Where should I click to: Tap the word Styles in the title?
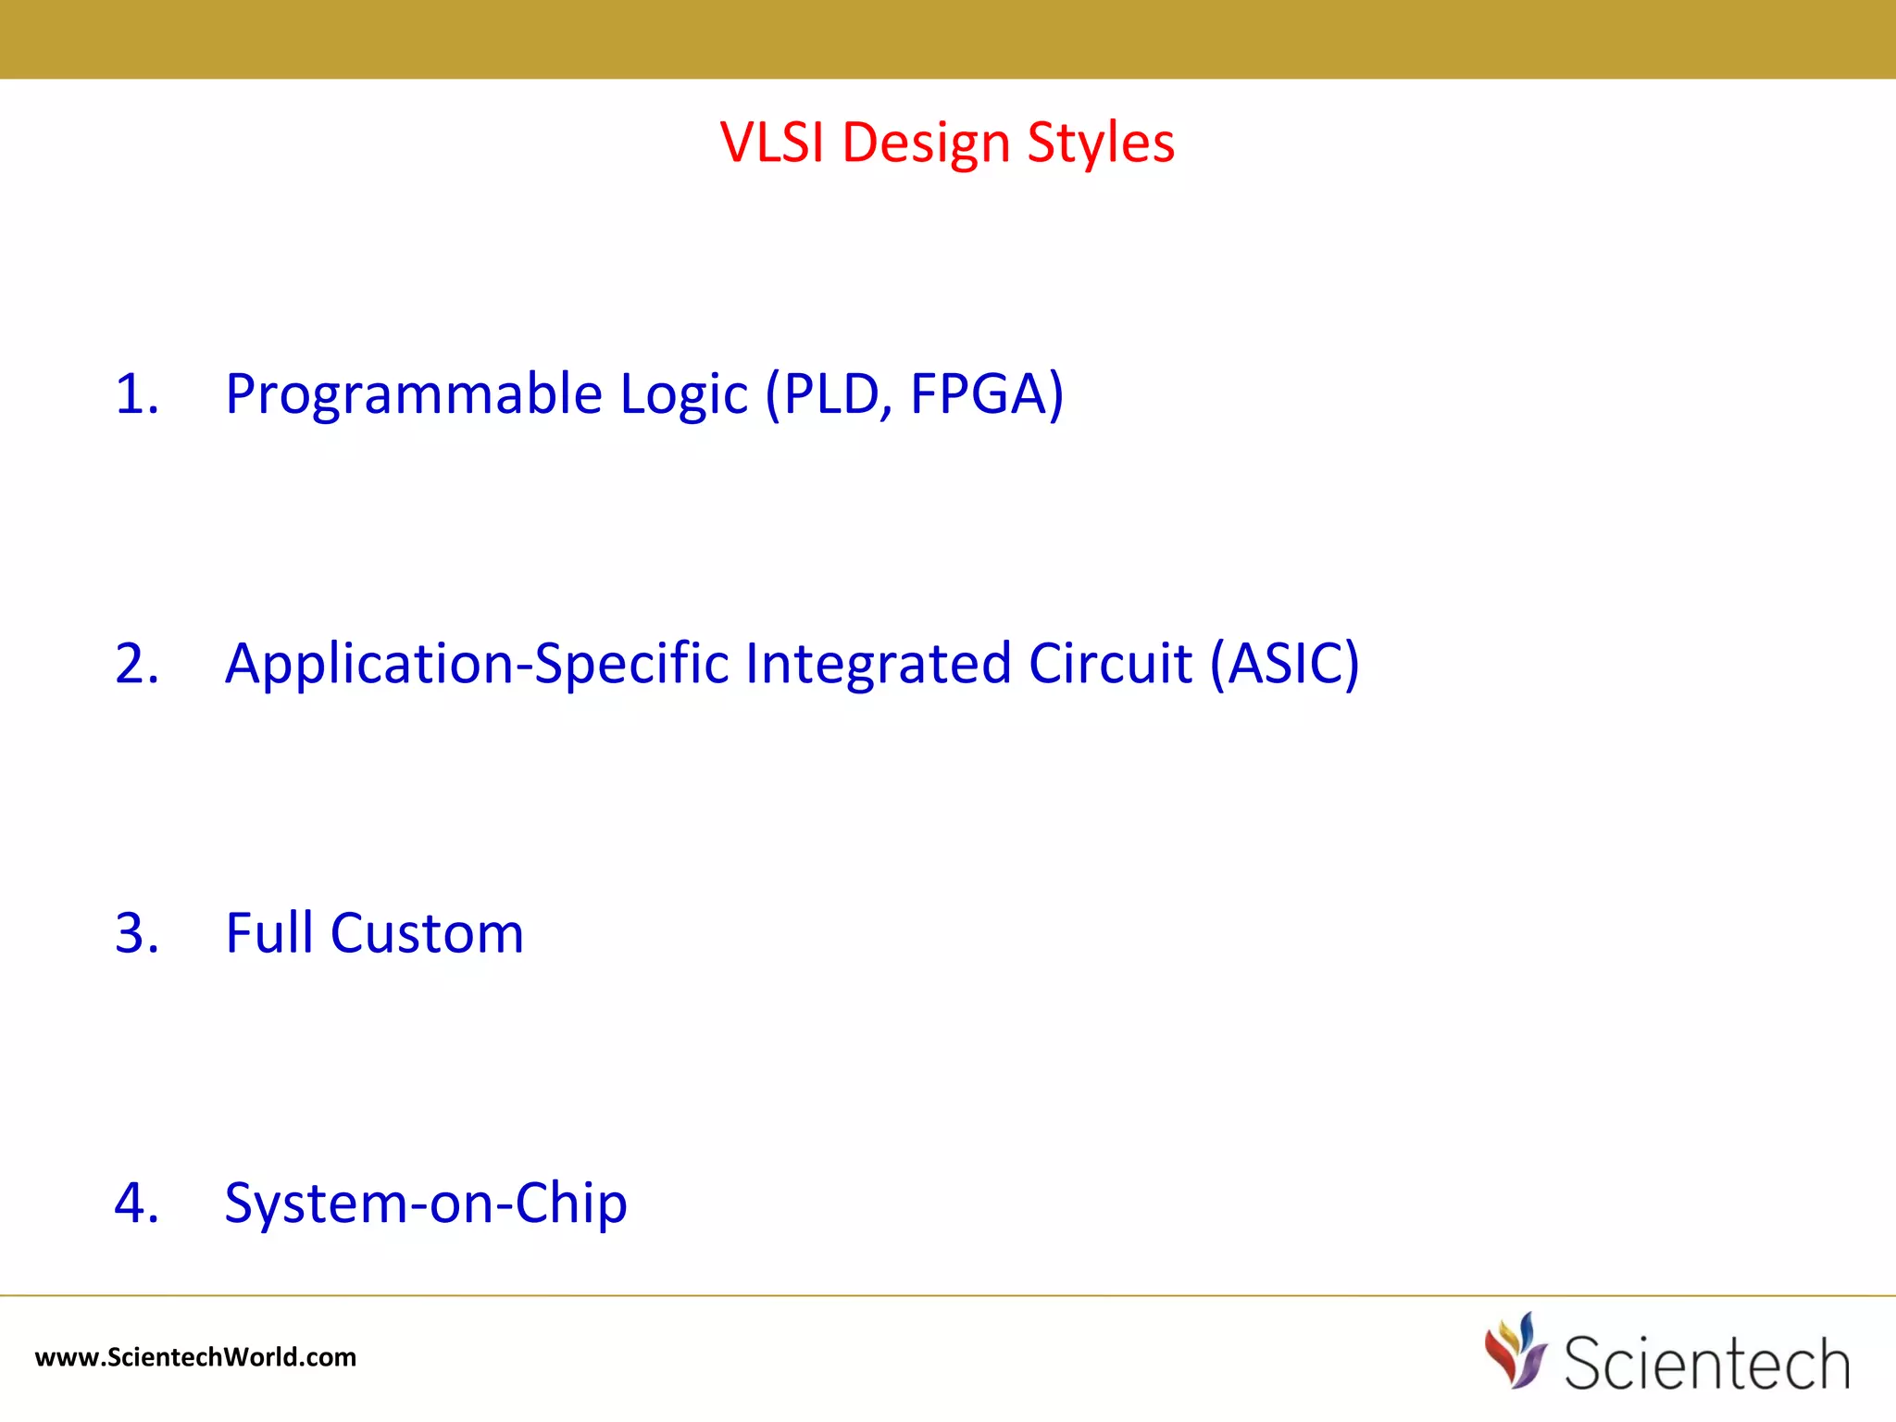(1101, 143)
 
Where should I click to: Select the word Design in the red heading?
(926, 143)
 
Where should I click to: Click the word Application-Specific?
(477, 664)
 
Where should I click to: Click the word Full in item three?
(269, 933)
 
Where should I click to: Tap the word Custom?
(427, 933)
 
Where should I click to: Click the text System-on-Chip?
(426, 1203)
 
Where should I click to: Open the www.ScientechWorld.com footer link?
(195, 1357)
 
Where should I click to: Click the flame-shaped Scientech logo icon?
(1516, 1352)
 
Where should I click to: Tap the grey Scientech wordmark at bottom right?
(1706, 1363)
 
